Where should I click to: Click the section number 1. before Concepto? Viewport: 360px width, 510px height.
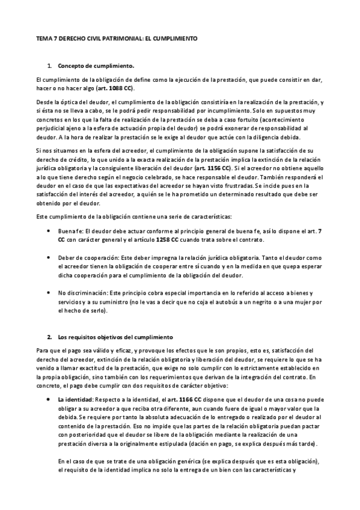coord(49,64)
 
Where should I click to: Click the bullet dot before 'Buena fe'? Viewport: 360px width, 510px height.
coord(48,231)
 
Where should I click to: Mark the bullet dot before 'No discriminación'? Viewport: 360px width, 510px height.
coord(48,292)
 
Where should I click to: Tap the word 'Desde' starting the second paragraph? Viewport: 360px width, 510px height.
coord(44,103)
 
